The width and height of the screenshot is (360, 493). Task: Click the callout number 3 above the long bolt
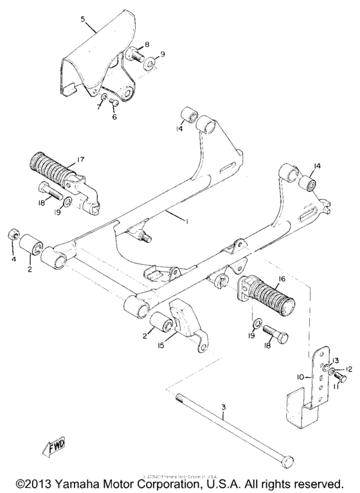coord(223,408)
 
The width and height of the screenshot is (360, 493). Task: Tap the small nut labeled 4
coord(12,236)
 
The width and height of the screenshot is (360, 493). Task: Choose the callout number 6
coord(114,117)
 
